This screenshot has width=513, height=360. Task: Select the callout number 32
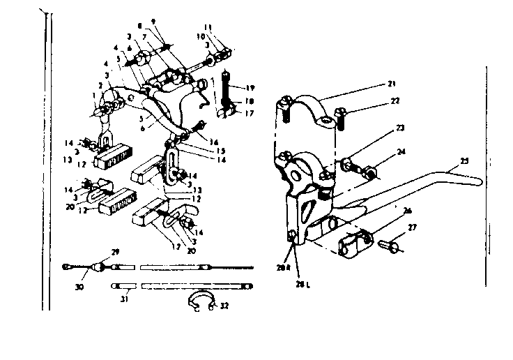coord(225,306)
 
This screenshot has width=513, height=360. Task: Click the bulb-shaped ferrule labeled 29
coord(99,267)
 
